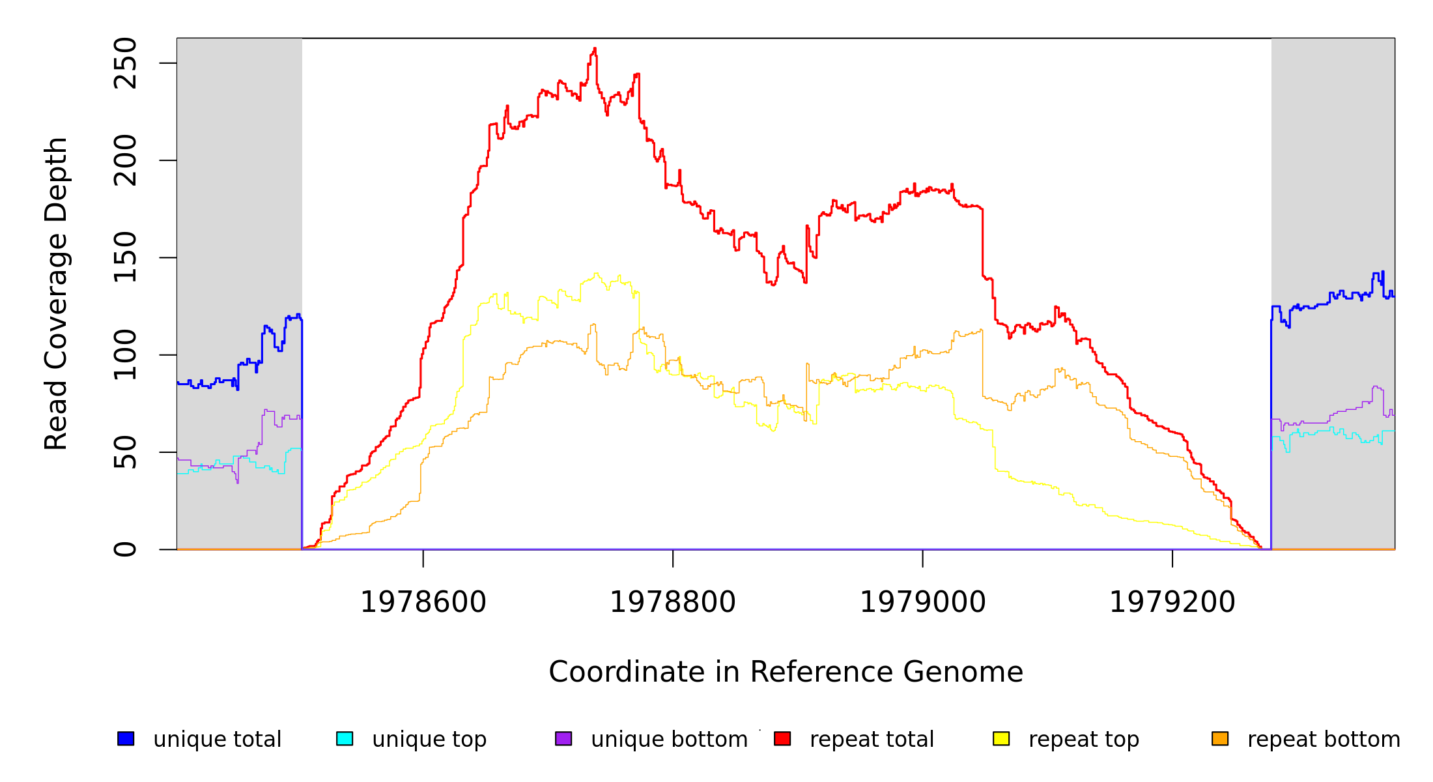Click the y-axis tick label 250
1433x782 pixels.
click(x=125, y=63)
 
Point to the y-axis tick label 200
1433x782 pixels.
click(x=125, y=160)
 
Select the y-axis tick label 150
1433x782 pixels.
click(x=125, y=257)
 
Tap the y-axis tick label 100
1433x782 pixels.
click(x=125, y=355)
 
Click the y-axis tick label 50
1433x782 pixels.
click(x=125, y=452)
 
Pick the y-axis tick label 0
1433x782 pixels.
click(x=125, y=549)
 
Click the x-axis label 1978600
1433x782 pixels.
click(x=423, y=602)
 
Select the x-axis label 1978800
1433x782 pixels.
click(x=673, y=602)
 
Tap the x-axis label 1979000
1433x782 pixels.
click(x=923, y=602)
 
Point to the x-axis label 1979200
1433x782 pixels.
click(x=1172, y=602)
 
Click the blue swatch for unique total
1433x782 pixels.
click(x=126, y=738)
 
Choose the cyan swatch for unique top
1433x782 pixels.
click(x=345, y=738)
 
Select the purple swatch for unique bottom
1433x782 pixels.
click(x=563, y=738)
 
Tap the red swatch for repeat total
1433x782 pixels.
click(x=782, y=738)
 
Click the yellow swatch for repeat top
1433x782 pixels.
click(x=1001, y=738)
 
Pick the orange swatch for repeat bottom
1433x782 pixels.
click(x=1220, y=738)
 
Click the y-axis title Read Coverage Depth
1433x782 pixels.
click(x=56, y=293)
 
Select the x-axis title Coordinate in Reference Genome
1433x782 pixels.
click(x=786, y=672)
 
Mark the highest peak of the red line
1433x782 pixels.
click(x=595, y=49)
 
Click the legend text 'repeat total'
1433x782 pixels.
click(x=872, y=740)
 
